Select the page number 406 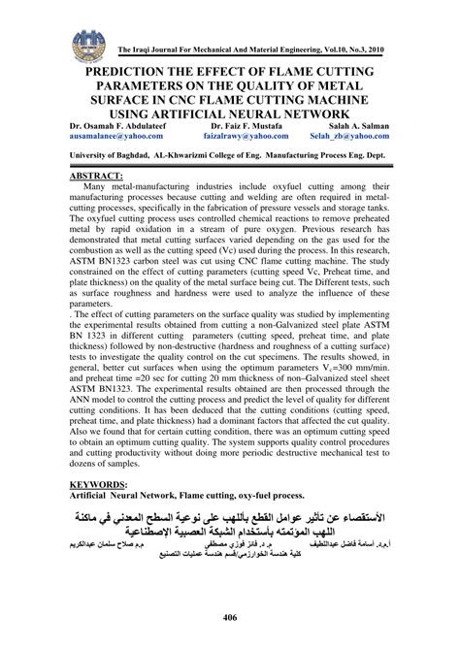[x=230, y=619]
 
